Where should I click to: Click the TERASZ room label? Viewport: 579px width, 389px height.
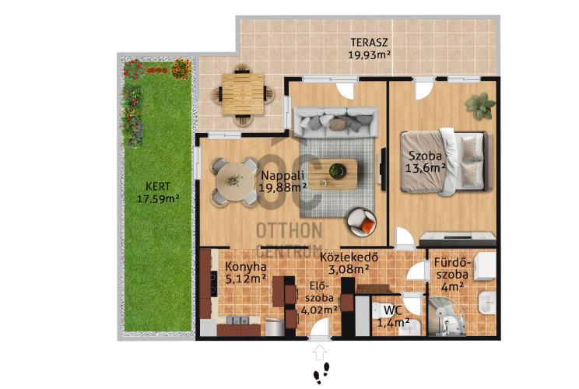pos(369,49)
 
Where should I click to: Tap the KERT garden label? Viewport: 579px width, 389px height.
pos(158,192)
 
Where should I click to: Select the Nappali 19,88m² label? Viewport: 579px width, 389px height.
pos(282,181)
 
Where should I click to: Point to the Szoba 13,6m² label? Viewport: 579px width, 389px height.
pos(426,162)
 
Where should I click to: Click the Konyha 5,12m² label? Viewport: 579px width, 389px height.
pos(246,272)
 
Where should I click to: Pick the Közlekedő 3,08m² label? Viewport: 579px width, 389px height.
pos(349,263)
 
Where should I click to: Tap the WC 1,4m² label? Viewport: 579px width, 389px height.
pos(393,317)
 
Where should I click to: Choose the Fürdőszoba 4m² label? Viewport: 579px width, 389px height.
pos(453,274)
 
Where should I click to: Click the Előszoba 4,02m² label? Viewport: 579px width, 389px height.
pos(319,297)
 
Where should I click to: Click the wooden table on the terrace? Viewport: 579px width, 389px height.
pos(243,93)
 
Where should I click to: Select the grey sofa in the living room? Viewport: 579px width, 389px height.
pos(335,122)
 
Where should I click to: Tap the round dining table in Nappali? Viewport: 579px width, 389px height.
pos(235,181)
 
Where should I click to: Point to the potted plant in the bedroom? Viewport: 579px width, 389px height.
pos(480,106)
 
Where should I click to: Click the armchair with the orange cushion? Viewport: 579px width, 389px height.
pos(361,222)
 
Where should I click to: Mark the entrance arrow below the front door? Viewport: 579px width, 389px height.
pos(320,352)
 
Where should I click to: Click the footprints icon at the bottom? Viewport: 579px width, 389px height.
pos(321,372)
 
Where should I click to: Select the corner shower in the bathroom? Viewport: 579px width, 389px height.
pos(446,317)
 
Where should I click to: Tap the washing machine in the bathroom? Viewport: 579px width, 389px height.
pos(484,267)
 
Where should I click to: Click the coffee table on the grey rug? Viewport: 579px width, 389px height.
pos(333,174)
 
